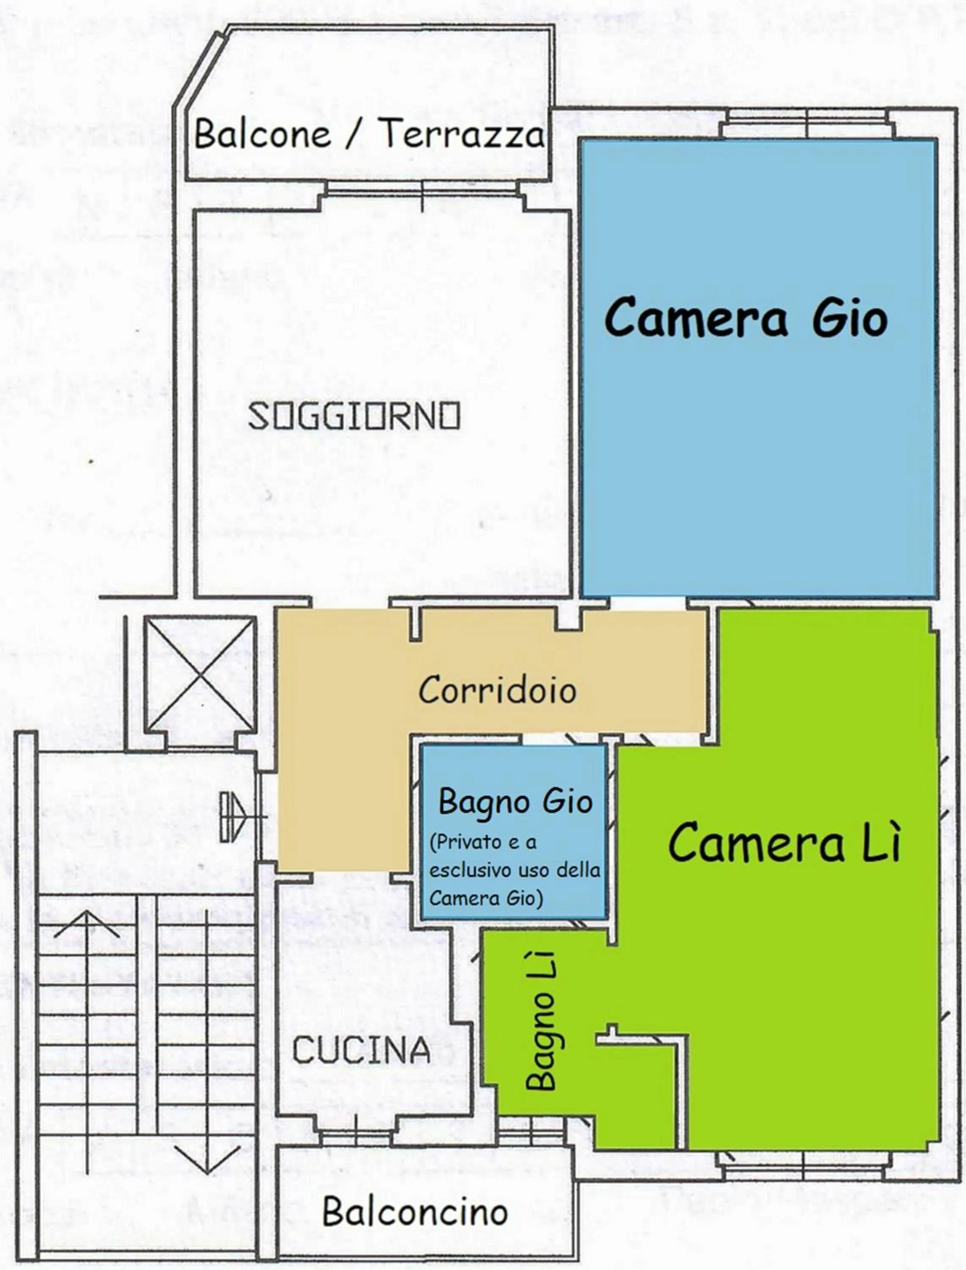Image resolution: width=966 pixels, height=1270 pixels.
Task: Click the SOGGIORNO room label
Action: coord(354,416)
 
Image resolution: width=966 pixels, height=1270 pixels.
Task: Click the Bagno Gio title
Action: coord(515,802)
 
